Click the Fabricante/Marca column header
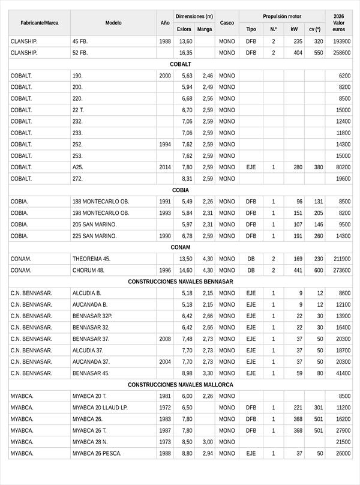click(39, 23)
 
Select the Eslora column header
click(184, 29)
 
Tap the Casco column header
click(227, 23)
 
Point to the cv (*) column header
click(314, 29)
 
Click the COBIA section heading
click(180, 190)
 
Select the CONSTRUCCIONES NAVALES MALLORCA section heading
click(180, 385)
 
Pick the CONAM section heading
click(180, 247)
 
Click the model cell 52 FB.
click(80, 53)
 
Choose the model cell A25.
click(77, 167)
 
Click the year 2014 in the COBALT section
click(165, 167)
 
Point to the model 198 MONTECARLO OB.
click(101, 213)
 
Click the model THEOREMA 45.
click(91, 259)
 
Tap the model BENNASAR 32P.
click(92, 316)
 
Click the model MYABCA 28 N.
click(90, 442)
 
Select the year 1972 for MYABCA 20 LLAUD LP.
click(165, 408)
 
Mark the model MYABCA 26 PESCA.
click(97, 453)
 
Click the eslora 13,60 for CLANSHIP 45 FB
click(186, 41)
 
